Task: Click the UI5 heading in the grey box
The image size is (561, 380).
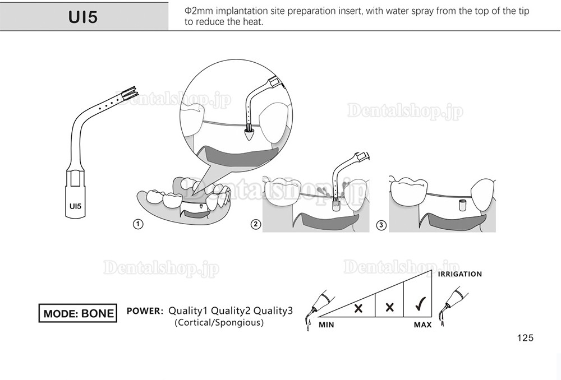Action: tap(83, 17)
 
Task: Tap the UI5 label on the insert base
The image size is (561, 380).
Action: tap(75, 206)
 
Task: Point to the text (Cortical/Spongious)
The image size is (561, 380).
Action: tap(219, 323)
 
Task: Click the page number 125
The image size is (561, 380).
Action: tap(525, 338)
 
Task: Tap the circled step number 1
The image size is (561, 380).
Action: tap(136, 224)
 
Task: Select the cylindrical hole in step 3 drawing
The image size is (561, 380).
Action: tap(463, 204)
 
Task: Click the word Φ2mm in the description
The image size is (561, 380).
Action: tap(196, 11)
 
